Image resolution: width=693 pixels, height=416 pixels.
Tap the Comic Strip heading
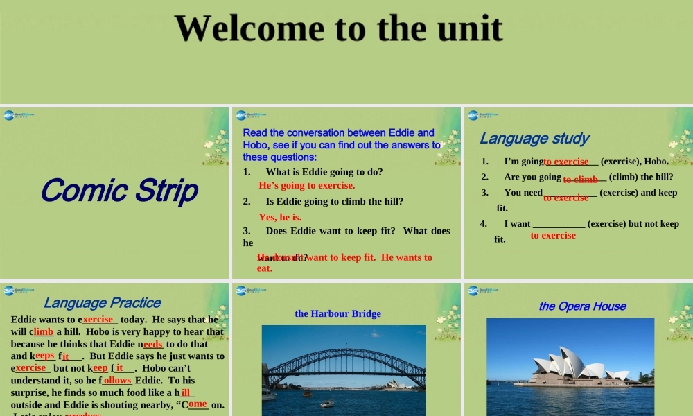tap(119, 190)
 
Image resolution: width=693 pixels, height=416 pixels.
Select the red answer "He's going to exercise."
tap(306, 186)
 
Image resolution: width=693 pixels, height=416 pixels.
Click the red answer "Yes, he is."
tap(280, 217)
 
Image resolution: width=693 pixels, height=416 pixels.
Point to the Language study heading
tap(534, 138)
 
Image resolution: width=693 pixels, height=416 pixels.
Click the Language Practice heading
tap(102, 302)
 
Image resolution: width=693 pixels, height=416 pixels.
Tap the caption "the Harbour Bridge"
tap(337, 313)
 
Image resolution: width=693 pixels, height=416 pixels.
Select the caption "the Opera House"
tap(582, 306)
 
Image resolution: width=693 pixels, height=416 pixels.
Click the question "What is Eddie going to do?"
tap(324, 171)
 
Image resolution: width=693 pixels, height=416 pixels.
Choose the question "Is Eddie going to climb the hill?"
tap(334, 201)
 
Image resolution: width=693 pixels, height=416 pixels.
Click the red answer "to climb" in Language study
tap(580, 180)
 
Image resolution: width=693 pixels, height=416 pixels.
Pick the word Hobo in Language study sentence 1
tap(656, 161)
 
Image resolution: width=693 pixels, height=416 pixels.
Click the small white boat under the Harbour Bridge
tap(326, 404)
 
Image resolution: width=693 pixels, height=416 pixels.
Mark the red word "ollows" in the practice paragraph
tap(117, 381)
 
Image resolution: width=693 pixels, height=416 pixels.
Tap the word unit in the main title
tap(468, 28)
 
